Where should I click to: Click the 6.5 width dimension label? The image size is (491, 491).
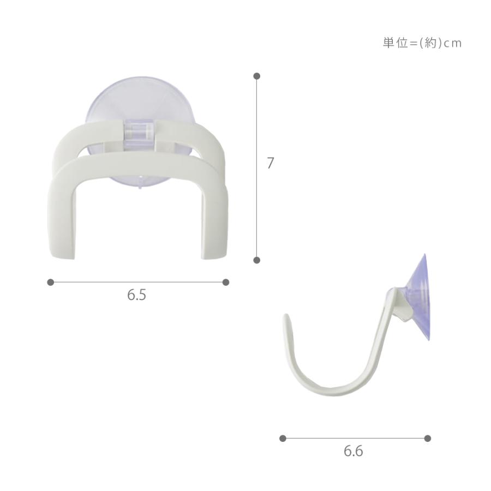136,295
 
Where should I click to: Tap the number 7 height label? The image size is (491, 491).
270,163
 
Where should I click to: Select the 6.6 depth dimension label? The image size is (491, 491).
353,451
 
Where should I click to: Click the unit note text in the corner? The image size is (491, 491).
422,43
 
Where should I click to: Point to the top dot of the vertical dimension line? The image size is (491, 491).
257,76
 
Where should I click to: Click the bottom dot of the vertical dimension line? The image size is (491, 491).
257,260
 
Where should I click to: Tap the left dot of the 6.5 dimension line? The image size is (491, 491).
50,283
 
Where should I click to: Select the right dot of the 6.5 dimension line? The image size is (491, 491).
226,283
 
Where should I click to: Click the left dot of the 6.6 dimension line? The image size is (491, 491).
283,439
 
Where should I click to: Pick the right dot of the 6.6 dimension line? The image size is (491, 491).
428,439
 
